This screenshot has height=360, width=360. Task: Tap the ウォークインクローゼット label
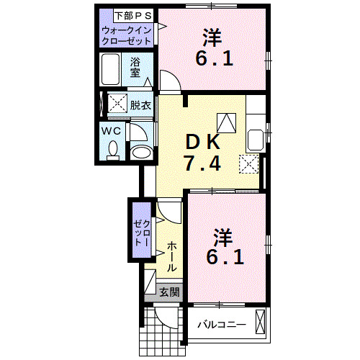click(127, 35)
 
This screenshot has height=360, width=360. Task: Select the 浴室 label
click(135, 67)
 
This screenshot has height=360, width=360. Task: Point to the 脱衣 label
click(140, 105)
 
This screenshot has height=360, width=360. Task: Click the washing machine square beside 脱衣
click(117, 104)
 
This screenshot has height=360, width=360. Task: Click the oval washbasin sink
click(141, 152)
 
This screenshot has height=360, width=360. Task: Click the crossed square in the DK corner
click(248, 164)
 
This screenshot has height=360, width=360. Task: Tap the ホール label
click(173, 256)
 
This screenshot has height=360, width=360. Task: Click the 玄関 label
click(170, 292)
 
